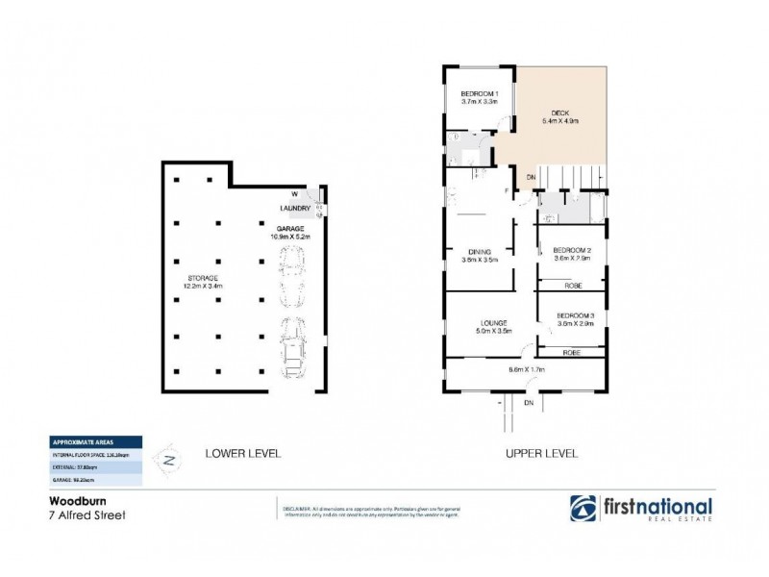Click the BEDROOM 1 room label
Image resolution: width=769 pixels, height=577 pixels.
[479, 92]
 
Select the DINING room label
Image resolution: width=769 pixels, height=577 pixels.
[478, 252]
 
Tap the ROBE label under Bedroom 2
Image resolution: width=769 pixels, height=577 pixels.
[572, 286]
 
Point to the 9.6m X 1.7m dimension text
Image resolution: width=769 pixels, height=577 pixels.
[527, 368]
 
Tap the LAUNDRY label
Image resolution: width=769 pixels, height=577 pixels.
[294, 208]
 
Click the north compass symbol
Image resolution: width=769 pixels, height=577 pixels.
[170, 460]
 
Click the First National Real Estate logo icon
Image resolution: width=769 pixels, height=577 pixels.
[583, 509]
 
